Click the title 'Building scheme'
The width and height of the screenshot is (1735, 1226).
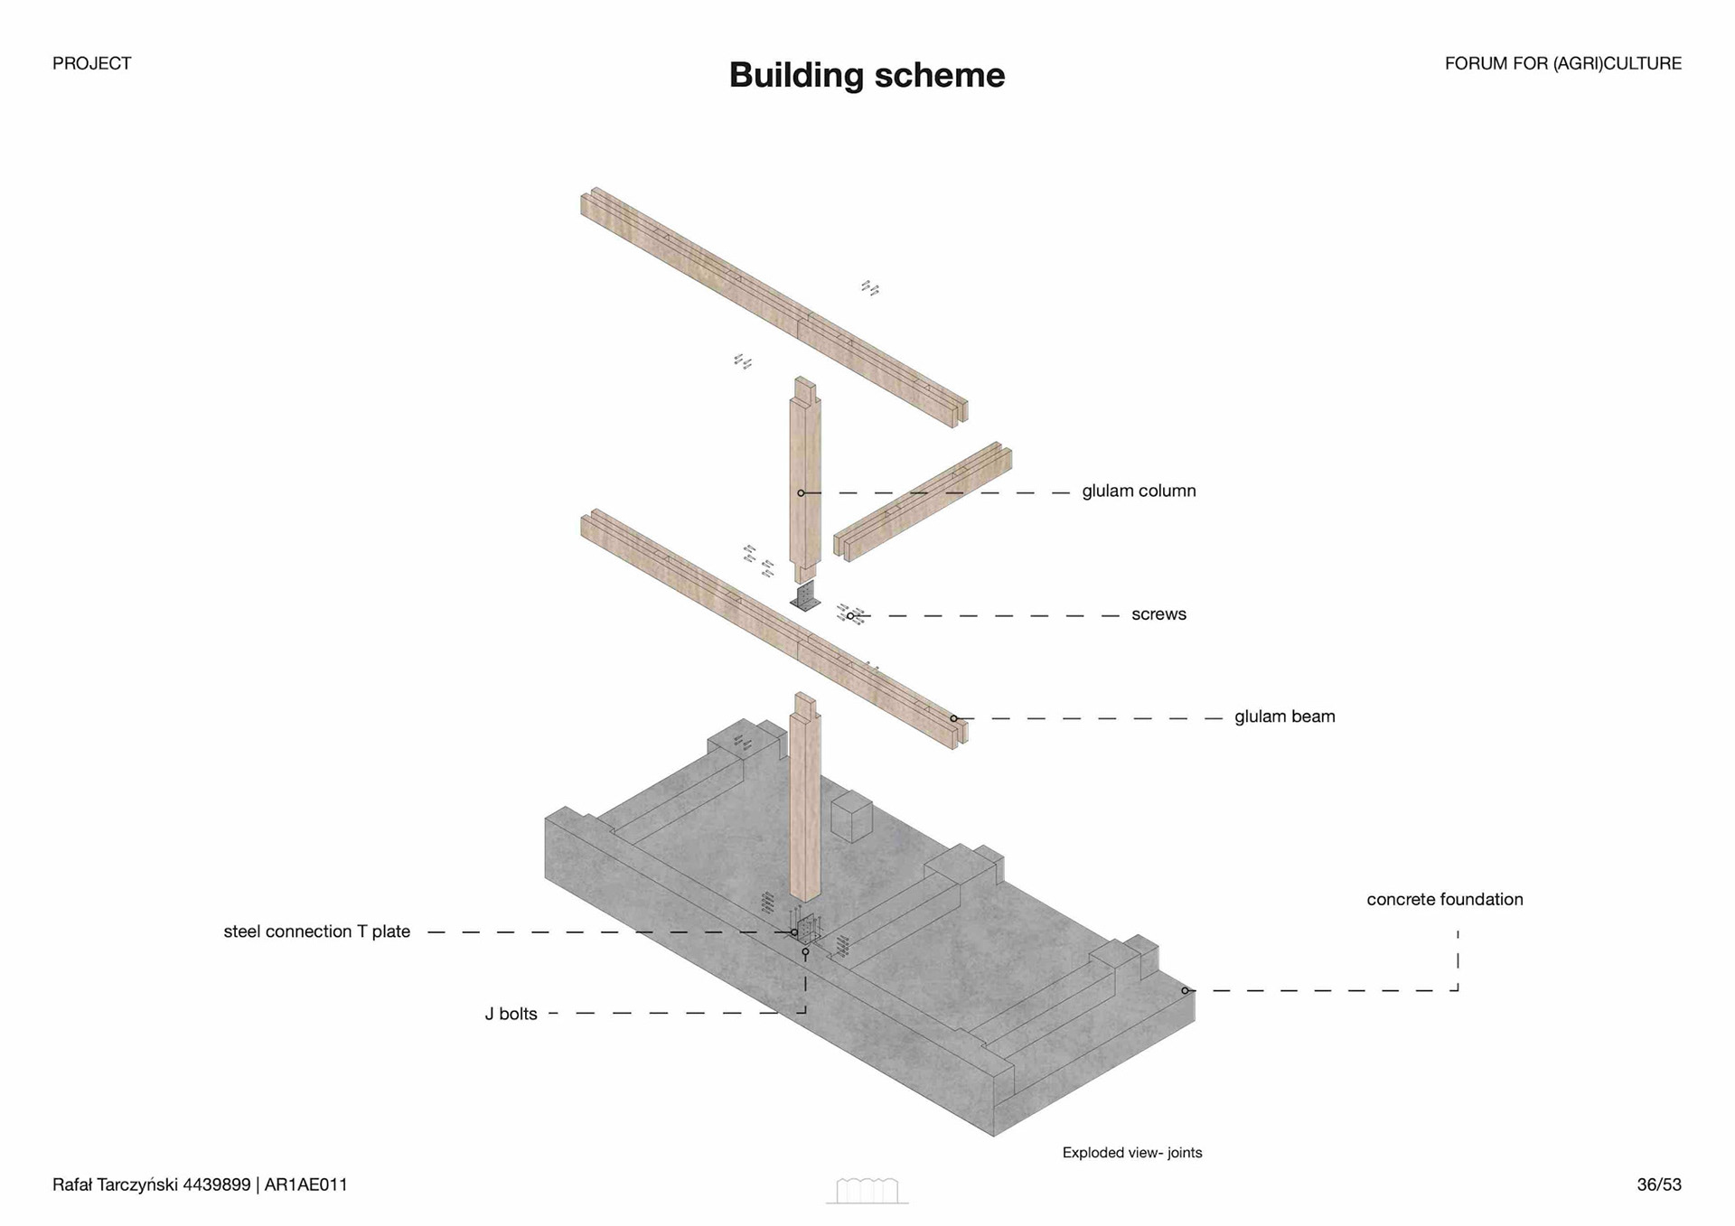(867, 75)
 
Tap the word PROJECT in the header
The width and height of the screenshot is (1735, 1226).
(91, 63)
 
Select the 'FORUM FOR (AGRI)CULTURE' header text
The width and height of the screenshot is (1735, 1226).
(1562, 63)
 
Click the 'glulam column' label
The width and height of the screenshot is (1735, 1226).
(1139, 491)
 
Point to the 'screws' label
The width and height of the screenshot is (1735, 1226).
(1158, 614)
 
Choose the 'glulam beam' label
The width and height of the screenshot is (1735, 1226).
(1284, 716)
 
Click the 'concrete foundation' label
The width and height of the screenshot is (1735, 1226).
(1444, 899)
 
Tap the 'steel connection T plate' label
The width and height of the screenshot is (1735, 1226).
(316, 931)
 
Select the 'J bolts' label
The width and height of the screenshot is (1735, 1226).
(511, 1014)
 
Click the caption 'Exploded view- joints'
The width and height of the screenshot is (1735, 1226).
(1131, 1153)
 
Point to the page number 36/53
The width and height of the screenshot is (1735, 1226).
(1658, 1184)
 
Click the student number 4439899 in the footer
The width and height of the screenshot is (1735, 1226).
(216, 1184)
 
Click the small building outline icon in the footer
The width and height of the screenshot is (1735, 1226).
(867, 1191)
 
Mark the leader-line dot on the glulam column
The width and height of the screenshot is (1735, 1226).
(801, 493)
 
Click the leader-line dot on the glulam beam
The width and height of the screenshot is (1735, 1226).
(953, 719)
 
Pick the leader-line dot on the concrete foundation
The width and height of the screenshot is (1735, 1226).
(1185, 991)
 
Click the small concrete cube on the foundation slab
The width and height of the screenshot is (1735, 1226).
(851, 816)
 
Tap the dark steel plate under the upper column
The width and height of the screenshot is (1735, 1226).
(804, 598)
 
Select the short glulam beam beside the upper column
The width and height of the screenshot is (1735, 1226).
(922, 502)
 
